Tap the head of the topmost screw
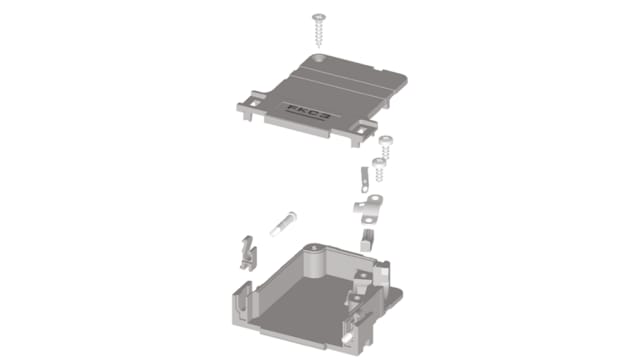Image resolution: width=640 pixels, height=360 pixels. coord(321,15)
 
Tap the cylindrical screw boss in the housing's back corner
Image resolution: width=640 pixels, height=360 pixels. coord(316,259)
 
